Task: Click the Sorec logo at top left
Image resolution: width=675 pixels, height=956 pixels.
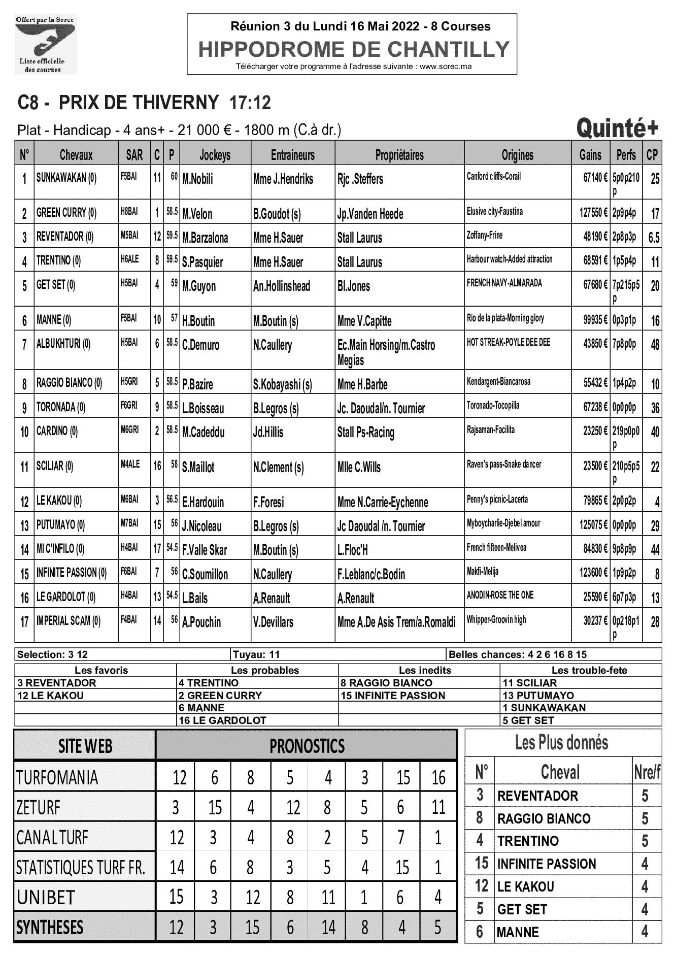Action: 45,45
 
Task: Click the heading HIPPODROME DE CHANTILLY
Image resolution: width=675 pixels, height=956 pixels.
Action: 354,49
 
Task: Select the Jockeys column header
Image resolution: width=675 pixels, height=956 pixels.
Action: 215,155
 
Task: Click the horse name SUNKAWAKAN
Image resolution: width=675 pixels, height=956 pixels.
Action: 66,178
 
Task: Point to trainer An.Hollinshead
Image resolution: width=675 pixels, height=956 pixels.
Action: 281,286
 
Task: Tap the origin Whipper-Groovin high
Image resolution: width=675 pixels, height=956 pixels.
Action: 496,619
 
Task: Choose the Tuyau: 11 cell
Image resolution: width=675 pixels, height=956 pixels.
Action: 256,654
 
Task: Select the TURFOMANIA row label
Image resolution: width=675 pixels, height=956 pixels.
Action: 57,777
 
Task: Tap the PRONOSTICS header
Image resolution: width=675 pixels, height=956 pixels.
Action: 307,746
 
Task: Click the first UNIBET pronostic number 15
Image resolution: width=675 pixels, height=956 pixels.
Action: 176,897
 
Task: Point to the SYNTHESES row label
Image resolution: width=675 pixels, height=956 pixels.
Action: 50,928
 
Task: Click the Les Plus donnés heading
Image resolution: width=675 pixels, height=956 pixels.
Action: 561,743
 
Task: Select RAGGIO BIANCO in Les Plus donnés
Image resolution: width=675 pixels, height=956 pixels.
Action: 544,818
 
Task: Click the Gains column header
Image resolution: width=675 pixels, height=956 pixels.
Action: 590,155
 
